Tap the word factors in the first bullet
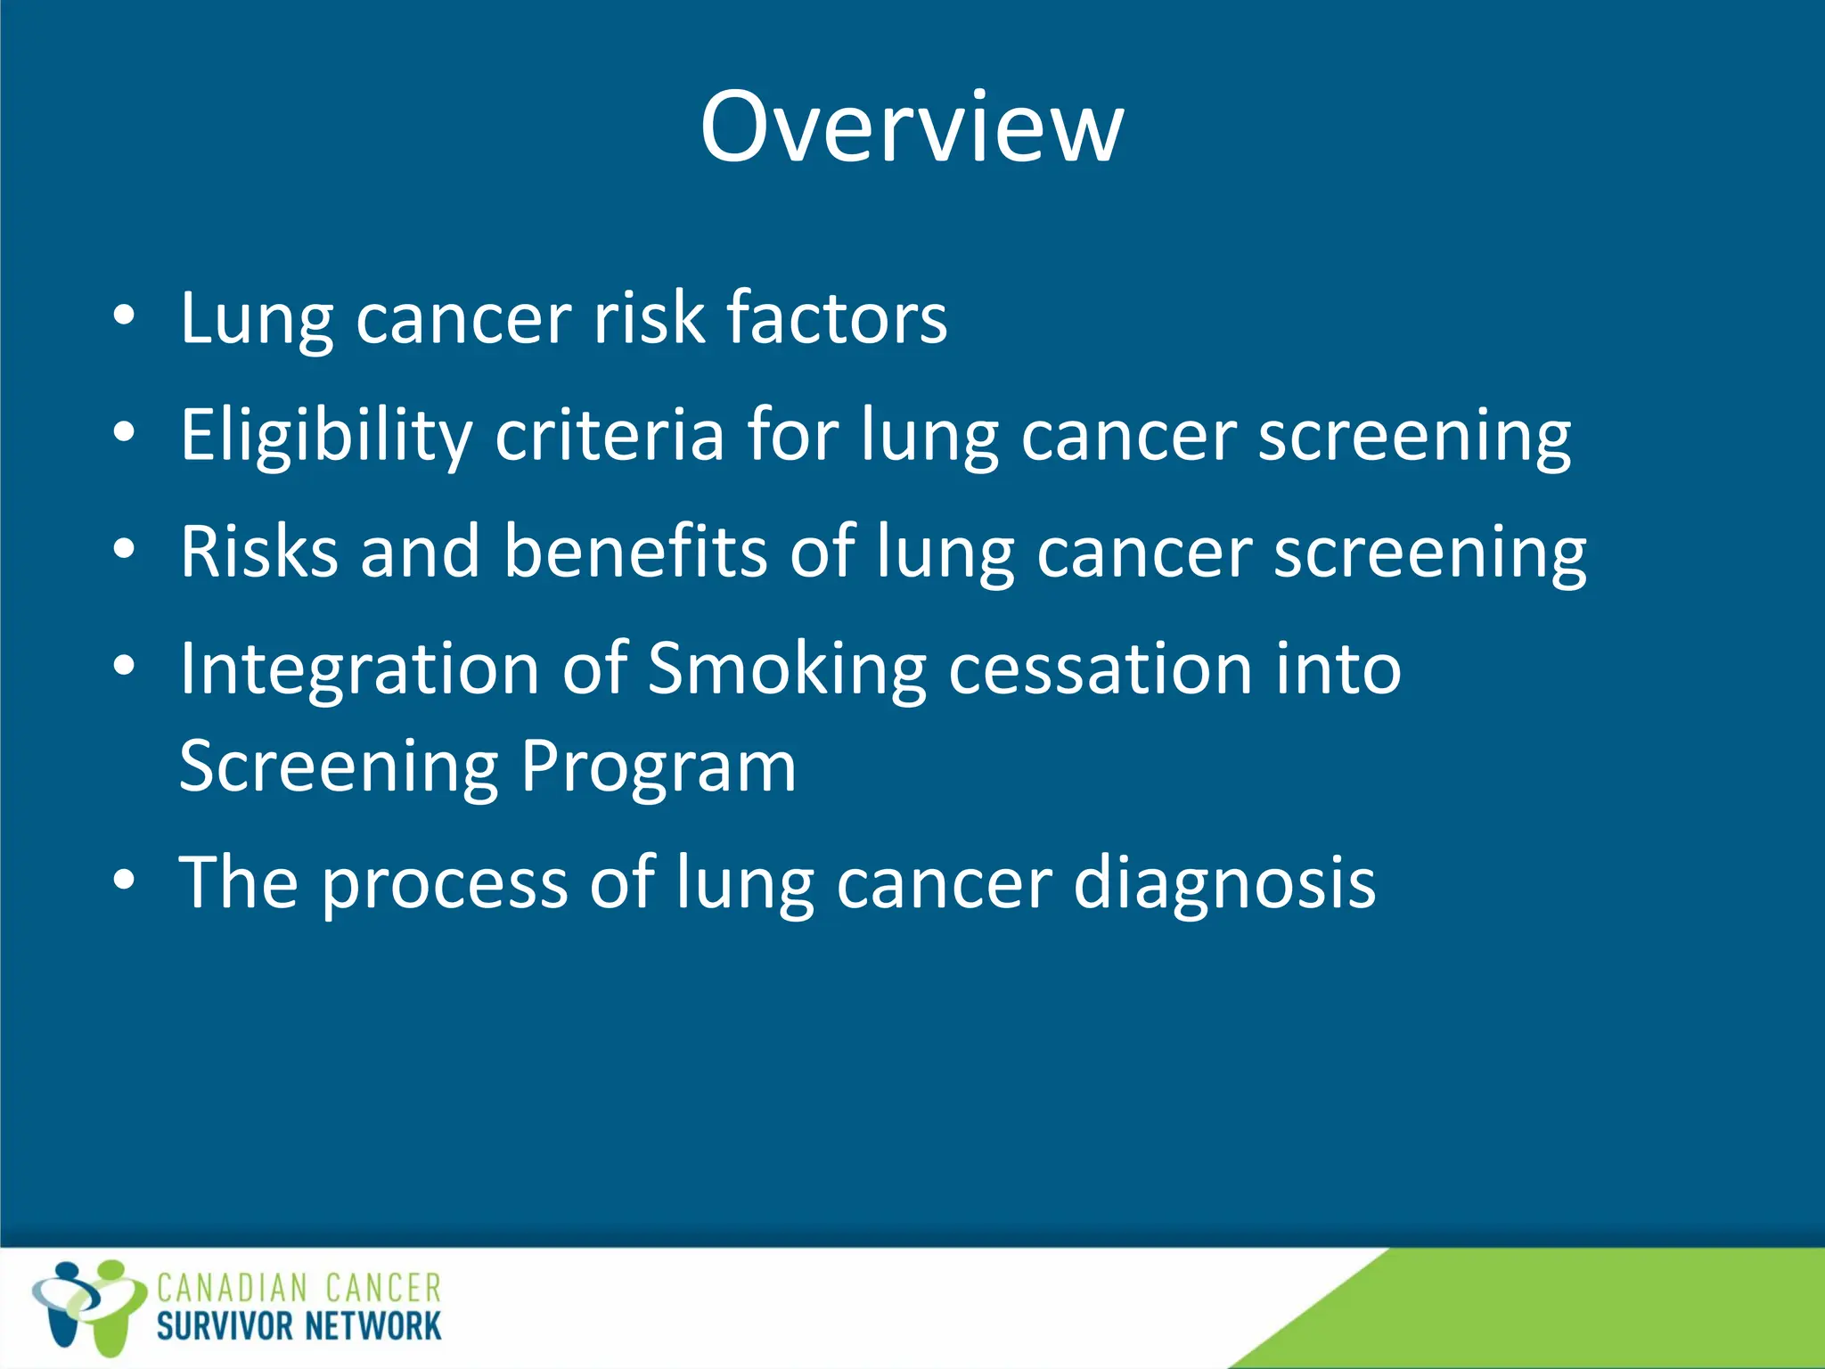pyautogui.click(x=836, y=318)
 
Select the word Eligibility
pyautogui.click(x=325, y=436)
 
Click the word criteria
pyautogui.click(x=610, y=436)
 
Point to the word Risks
pyautogui.click(x=258, y=552)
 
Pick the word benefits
pyautogui.click(x=634, y=552)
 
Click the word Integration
pyautogui.click(x=359, y=669)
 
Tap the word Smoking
pyautogui.click(x=786, y=669)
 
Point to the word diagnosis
pyautogui.click(x=1224, y=883)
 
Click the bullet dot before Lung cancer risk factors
pyautogui.click(x=124, y=316)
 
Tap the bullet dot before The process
pyautogui.click(x=124, y=881)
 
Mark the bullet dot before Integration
pyautogui.click(x=124, y=666)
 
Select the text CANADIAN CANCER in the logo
pyautogui.click(x=299, y=1289)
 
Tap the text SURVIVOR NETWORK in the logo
pyautogui.click(x=299, y=1326)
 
